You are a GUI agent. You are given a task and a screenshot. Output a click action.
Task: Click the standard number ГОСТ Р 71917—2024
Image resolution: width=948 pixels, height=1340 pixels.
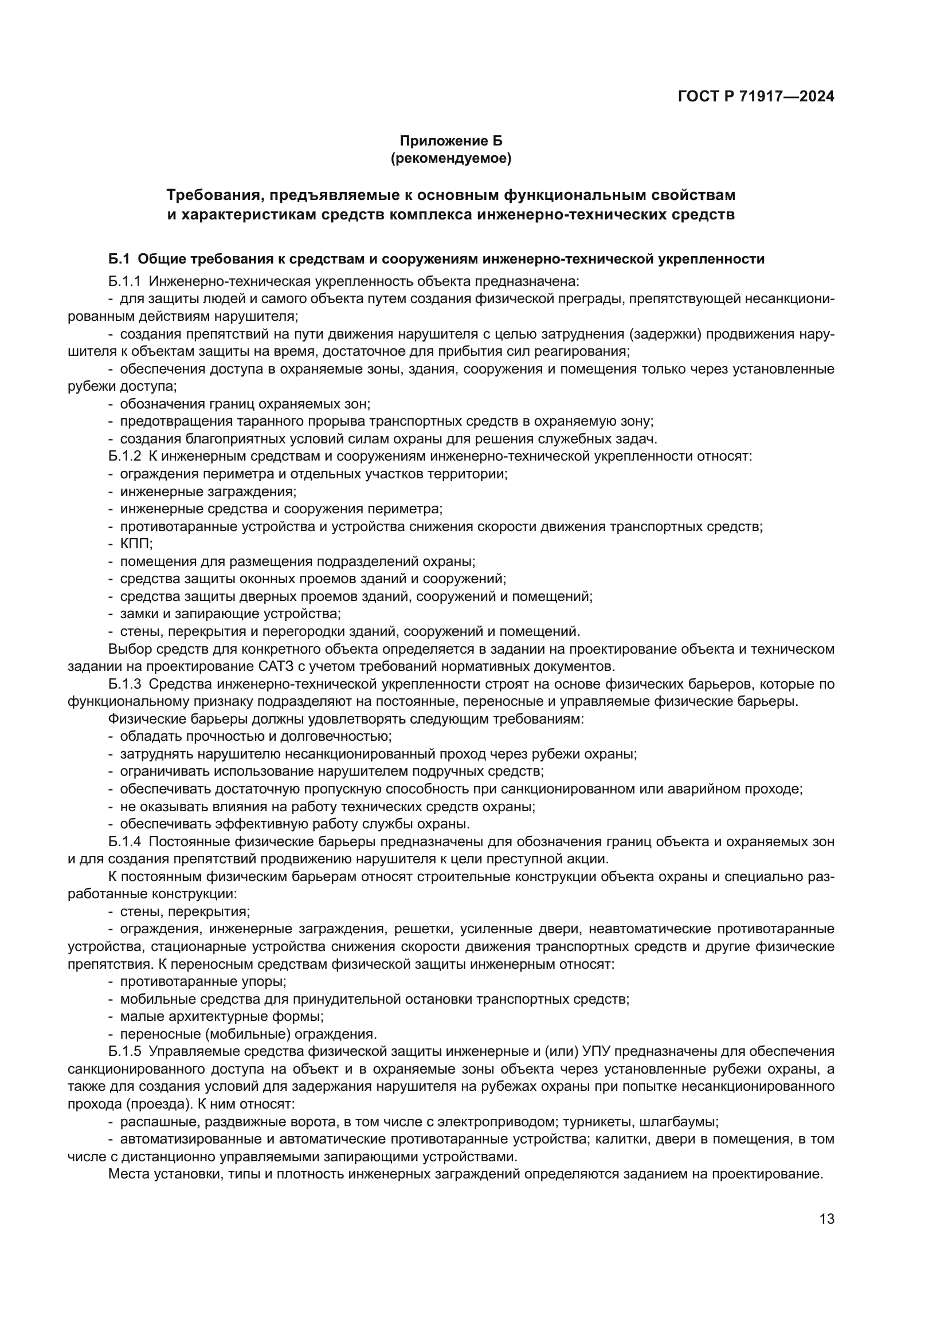[756, 96]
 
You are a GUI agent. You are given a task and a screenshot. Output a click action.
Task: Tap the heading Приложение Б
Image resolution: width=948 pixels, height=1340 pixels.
[450, 141]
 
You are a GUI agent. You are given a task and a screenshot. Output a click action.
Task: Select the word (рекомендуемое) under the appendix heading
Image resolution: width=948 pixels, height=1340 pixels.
[450, 158]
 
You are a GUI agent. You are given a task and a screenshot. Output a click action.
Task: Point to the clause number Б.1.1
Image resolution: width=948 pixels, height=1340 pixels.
[124, 281]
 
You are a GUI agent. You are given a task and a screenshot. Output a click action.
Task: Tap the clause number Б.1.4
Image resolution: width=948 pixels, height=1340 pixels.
[124, 842]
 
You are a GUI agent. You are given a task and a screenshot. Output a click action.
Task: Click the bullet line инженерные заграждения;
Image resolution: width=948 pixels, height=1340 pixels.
[208, 492]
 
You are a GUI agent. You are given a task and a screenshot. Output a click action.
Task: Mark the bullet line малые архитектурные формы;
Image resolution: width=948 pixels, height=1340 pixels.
[221, 1017]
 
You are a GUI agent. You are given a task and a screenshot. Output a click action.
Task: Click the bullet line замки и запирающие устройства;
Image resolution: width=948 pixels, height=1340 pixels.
[230, 614]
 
